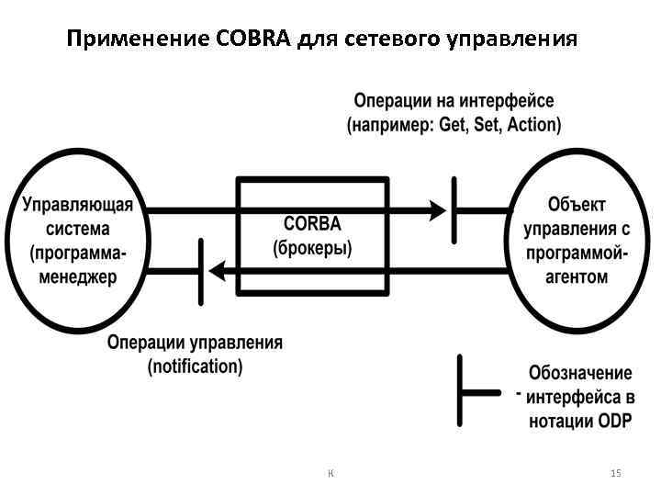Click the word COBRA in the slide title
coord(254,39)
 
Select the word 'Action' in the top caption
coord(532,124)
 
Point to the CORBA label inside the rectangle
coord(312,224)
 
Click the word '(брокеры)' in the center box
coord(312,247)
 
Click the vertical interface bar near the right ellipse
coord(454,210)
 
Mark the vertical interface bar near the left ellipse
coord(200,270)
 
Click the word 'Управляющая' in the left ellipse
coord(78,205)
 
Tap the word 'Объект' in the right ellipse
coord(577,205)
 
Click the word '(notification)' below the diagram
coord(196,366)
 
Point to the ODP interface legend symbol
coord(462,391)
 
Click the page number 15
coord(615,473)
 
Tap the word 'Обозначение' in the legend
coord(580,374)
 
